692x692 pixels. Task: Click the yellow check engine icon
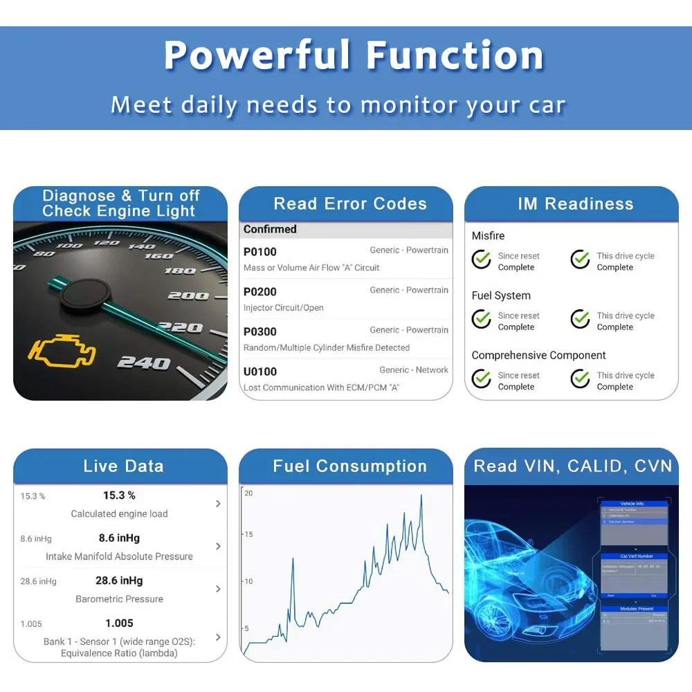coord(61,352)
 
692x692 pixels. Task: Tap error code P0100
coord(260,252)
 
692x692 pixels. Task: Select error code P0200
coord(260,292)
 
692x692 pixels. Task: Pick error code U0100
coord(260,372)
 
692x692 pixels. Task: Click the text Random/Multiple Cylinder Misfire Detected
coord(327,347)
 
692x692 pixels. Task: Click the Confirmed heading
coord(270,229)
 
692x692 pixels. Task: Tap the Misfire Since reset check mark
coord(482,259)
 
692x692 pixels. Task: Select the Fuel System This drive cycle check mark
coord(580,319)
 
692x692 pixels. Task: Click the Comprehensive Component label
coord(538,355)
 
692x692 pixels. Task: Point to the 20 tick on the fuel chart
coord(248,493)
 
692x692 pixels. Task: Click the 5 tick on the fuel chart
coord(246,628)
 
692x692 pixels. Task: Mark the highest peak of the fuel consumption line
coord(421,495)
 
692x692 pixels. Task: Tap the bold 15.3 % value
coord(119,495)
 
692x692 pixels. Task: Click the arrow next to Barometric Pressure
coord(218,589)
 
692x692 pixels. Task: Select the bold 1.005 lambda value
coord(119,623)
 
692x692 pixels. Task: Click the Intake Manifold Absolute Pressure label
coord(119,556)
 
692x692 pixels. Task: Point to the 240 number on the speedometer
coord(143,362)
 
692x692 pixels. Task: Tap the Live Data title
coord(123,466)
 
